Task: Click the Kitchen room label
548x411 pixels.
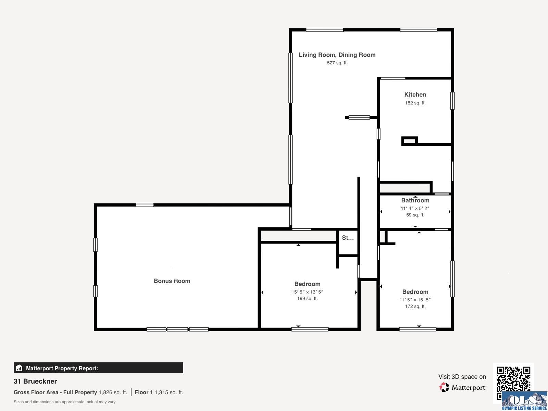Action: coord(415,95)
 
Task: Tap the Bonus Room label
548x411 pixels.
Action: coord(172,281)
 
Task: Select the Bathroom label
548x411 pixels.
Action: coord(415,200)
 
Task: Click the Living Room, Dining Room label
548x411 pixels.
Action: coord(337,55)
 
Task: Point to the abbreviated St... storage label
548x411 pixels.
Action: coord(348,238)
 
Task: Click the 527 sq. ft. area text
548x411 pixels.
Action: coord(337,63)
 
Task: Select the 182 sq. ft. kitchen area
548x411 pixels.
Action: coord(415,103)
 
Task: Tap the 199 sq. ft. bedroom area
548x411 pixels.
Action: coord(307,298)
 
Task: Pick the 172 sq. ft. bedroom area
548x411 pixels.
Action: coord(415,306)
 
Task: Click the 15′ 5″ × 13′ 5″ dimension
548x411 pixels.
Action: coord(307,292)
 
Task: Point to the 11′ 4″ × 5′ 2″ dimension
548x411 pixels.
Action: coord(415,208)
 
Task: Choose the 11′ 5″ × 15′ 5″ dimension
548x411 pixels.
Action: coord(415,300)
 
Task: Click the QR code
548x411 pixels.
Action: coord(513,379)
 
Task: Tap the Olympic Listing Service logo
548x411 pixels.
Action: coord(524,401)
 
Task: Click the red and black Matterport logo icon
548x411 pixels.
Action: coord(444,387)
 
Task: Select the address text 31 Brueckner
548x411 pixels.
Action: coord(35,381)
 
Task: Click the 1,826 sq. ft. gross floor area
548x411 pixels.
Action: coord(113,392)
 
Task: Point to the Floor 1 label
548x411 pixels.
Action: coord(144,392)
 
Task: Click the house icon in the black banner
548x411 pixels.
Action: coord(19,368)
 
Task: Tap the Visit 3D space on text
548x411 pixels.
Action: coord(462,377)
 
